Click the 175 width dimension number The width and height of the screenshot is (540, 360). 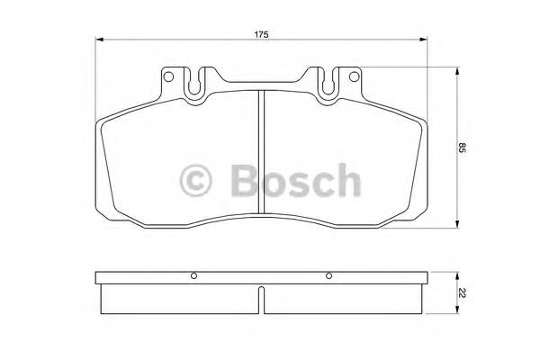[x=261, y=33]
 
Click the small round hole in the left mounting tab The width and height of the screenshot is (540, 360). [x=168, y=76]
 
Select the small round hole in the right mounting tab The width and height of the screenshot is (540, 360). [x=352, y=76]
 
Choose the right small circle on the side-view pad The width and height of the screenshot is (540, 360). [x=329, y=275]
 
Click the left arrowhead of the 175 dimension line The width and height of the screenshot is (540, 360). [x=100, y=40]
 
